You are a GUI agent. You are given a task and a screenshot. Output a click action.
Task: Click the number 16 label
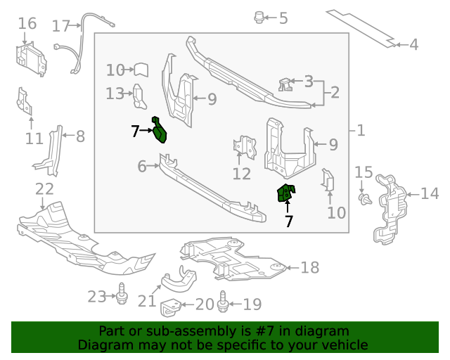27,23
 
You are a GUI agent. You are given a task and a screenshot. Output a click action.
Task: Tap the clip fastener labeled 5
259,18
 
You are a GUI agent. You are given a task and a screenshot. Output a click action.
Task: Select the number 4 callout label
413,45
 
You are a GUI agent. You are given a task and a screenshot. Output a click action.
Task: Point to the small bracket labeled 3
285,84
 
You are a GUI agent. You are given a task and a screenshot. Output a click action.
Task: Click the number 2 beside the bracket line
335,92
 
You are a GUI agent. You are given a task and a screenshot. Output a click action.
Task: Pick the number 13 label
115,94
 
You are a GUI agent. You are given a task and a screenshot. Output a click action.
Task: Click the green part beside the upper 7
159,129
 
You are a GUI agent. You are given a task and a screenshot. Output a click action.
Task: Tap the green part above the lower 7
286,193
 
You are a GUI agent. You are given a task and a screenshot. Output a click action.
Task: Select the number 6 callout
142,166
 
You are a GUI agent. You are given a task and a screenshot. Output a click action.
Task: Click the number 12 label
242,174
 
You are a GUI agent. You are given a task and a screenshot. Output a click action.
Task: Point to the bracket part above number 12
245,147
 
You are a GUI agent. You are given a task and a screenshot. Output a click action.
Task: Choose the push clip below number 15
365,199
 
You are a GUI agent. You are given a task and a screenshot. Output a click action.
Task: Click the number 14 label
430,193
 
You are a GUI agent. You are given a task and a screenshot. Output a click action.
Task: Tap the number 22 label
44,189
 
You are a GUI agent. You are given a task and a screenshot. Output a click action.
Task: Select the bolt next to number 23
122,294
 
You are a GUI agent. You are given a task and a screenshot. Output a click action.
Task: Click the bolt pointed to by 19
223,302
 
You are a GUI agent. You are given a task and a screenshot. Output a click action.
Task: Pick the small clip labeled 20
170,308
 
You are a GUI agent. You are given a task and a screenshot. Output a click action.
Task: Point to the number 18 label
309,268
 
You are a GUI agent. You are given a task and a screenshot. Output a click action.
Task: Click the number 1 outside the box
361,131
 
